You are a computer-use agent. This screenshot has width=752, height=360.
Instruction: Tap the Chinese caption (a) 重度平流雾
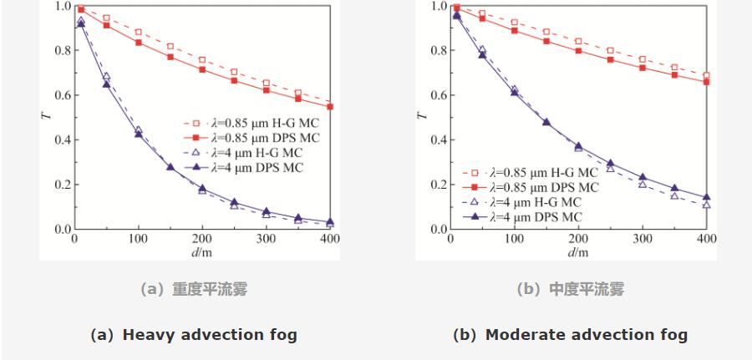(194, 290)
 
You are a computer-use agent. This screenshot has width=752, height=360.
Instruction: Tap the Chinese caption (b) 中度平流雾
(570, 290)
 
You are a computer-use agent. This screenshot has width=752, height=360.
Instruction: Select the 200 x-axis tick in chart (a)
(202, 238)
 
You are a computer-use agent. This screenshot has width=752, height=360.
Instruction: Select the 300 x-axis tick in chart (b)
(643, 238)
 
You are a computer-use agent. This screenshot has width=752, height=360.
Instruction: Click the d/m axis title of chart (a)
(202, 251)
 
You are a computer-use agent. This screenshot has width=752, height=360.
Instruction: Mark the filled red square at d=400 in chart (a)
(330, 107)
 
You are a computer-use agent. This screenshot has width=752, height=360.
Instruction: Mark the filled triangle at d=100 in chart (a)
(138, 134)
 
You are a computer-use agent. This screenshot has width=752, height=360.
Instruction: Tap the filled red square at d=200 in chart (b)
(578, 51)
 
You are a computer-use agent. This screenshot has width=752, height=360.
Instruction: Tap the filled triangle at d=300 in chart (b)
(643, 178)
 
